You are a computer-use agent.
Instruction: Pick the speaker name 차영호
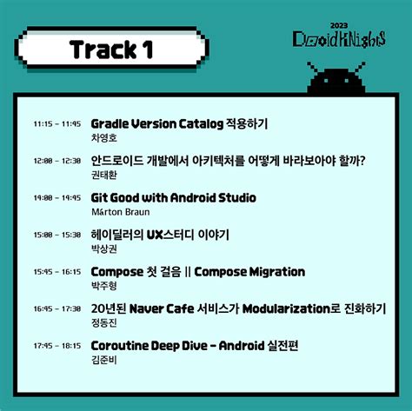(103, 137)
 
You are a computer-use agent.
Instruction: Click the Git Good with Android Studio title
(173, 197)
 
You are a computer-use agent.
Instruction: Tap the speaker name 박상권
(103, 249)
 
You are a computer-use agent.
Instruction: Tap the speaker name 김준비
(103, 359)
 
